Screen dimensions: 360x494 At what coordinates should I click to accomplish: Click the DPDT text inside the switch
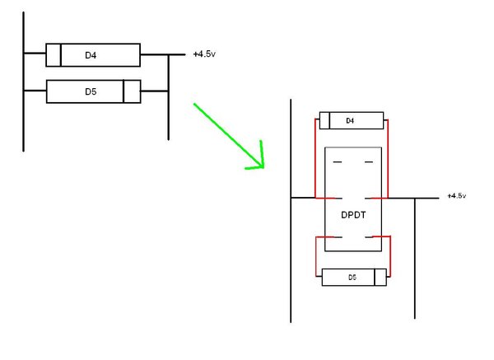click(x=354, y=213)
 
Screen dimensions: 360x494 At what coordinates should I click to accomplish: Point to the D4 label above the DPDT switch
click(x=350, y=121)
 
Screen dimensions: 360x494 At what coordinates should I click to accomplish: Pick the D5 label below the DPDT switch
click(x=352, y=278)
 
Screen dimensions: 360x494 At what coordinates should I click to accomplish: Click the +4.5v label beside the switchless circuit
click(x=204, y=55)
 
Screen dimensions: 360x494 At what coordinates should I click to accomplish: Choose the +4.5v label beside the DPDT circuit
click(x=456, y=196)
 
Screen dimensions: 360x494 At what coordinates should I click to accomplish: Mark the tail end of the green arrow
click(x=194, y=105)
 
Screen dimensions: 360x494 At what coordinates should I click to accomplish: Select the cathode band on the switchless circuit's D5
click(x=124, y=91)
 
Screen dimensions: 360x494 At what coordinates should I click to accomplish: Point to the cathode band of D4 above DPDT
click(x=329, y=121)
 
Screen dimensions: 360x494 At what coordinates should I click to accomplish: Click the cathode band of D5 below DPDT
click(x=374, y=278)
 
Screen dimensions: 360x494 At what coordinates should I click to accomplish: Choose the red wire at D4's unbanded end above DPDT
click(x=389, y=157)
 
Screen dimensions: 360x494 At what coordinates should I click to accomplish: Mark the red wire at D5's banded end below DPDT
click(x=389, y=255)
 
